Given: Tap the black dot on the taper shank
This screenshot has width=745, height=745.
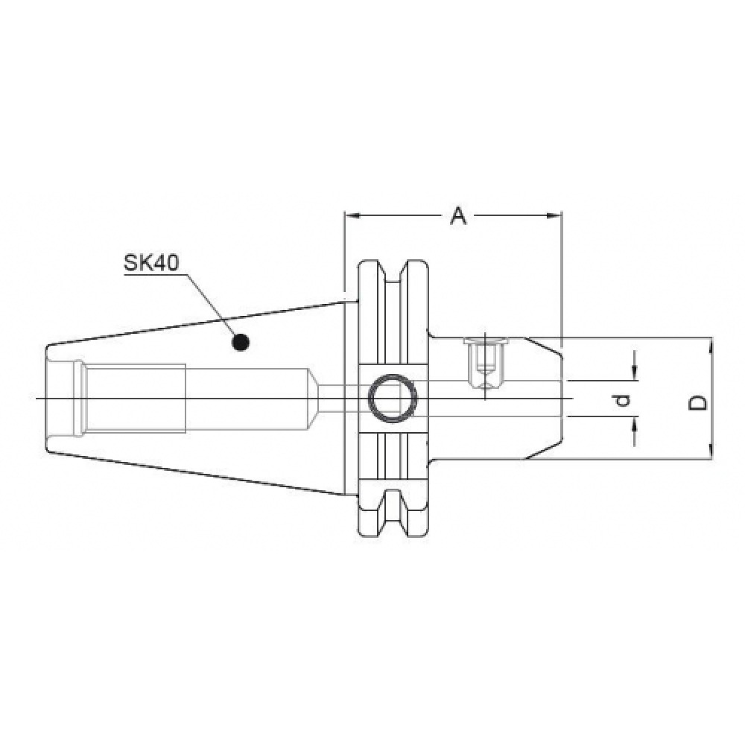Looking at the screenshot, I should tap(240, 342).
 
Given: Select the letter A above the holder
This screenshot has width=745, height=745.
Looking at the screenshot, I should tap(459, 216).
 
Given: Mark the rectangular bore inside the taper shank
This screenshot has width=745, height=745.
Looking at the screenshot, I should tap(134, 397).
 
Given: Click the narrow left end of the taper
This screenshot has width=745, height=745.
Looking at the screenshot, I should tap(49, 397).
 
